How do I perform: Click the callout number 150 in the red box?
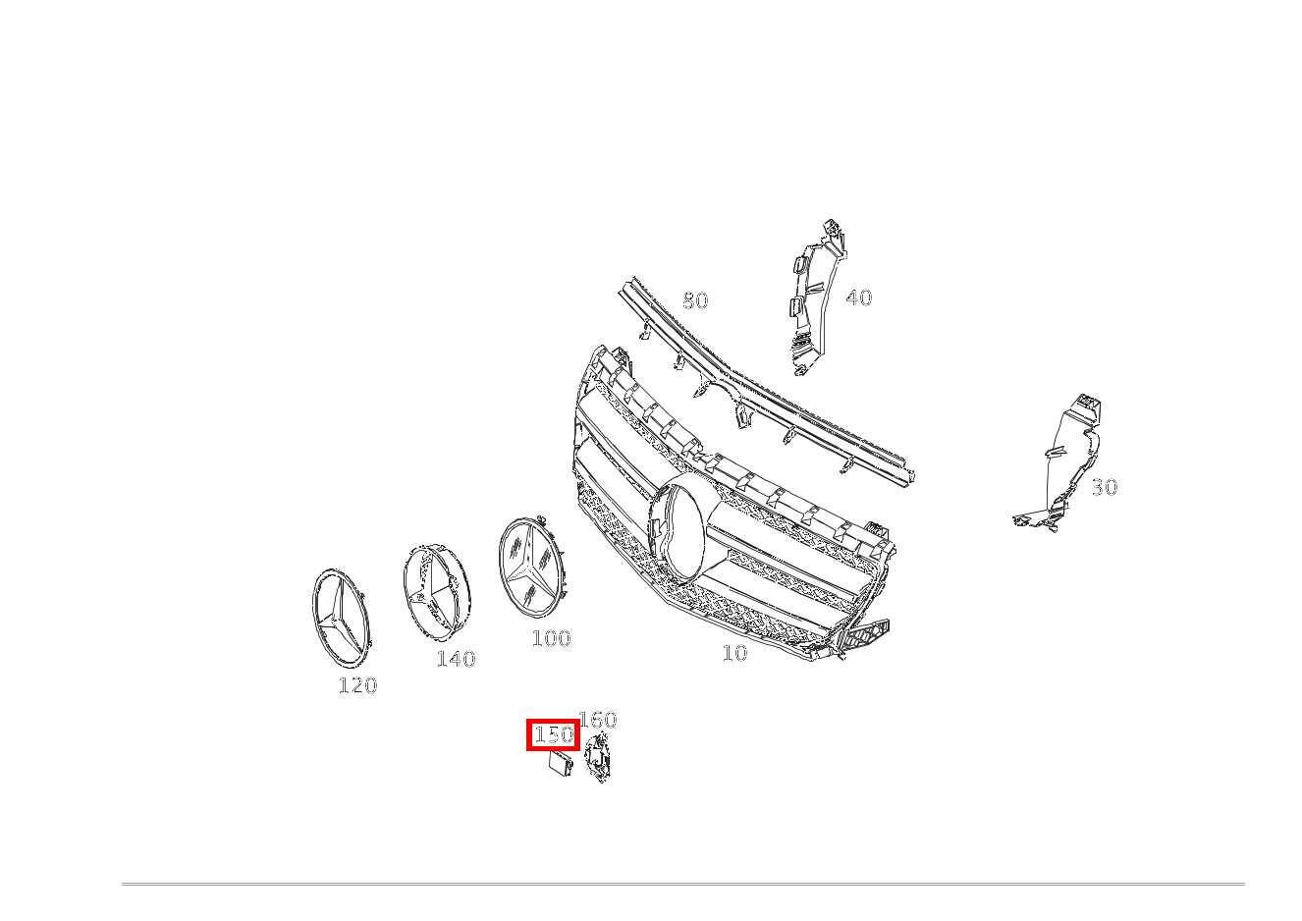pos(554,735)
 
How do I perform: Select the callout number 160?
pos(598,720)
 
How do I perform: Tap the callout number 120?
pos(358,685)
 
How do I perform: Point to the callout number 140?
pos(457,659)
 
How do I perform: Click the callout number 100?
pos(552,638)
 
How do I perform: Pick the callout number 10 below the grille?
pos(734,653)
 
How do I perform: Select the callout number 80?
pos(695,300)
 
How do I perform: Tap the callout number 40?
pos(859,298)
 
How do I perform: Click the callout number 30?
pos(1105,487)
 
